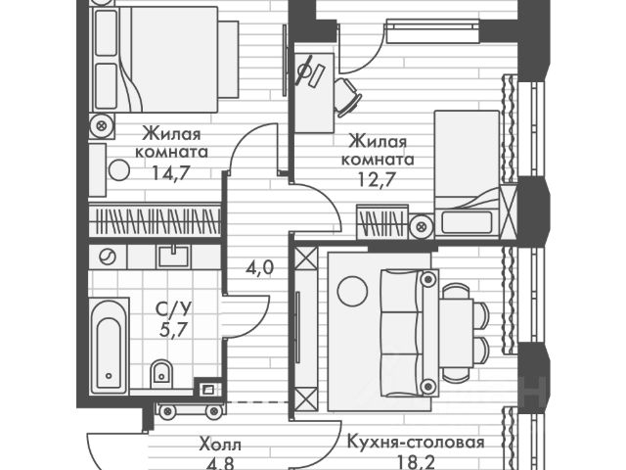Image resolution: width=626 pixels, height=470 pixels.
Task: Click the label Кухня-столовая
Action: click(416, 443)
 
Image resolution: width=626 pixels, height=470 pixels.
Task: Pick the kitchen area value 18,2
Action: click(416, 462)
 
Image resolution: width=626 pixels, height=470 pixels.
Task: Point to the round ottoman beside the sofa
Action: click(350, 289)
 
